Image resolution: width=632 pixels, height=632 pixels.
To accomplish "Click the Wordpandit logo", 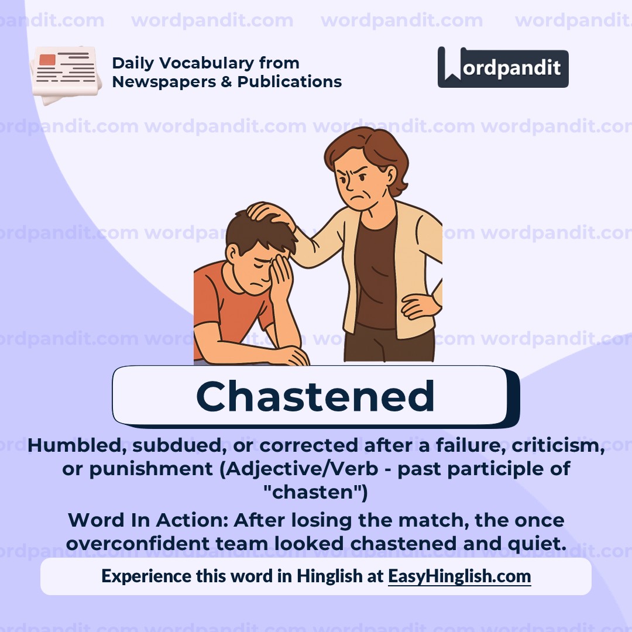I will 503,67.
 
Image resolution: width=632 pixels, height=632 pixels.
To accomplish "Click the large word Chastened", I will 315,396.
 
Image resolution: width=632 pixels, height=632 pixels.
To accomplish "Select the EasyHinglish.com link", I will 459,576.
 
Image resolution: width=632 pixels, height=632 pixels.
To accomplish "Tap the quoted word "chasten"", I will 316,493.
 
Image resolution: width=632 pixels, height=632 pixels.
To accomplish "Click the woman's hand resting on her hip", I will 420,305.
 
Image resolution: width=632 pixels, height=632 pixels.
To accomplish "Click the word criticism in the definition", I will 558,445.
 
